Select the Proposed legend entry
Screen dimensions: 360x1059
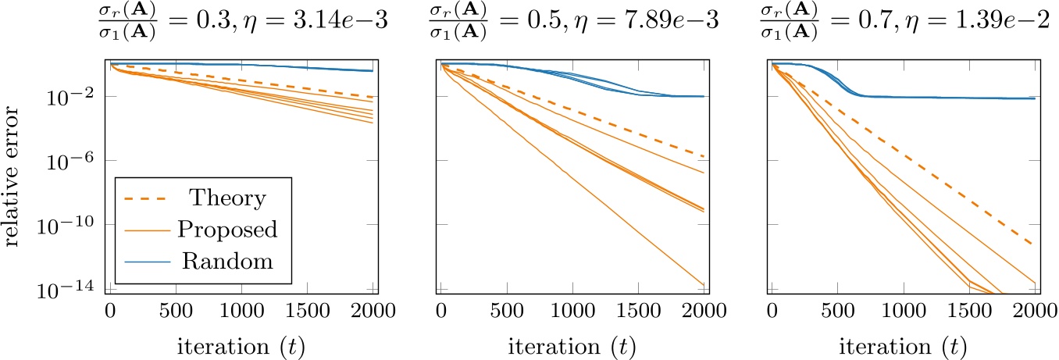point(228,230)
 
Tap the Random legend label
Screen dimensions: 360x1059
point(228,261)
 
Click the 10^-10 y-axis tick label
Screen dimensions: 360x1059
point(78,226)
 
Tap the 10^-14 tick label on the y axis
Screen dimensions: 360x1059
point(78,290)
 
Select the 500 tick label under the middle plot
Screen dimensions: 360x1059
point(507,310)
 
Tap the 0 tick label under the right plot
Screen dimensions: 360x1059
point(772,310)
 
